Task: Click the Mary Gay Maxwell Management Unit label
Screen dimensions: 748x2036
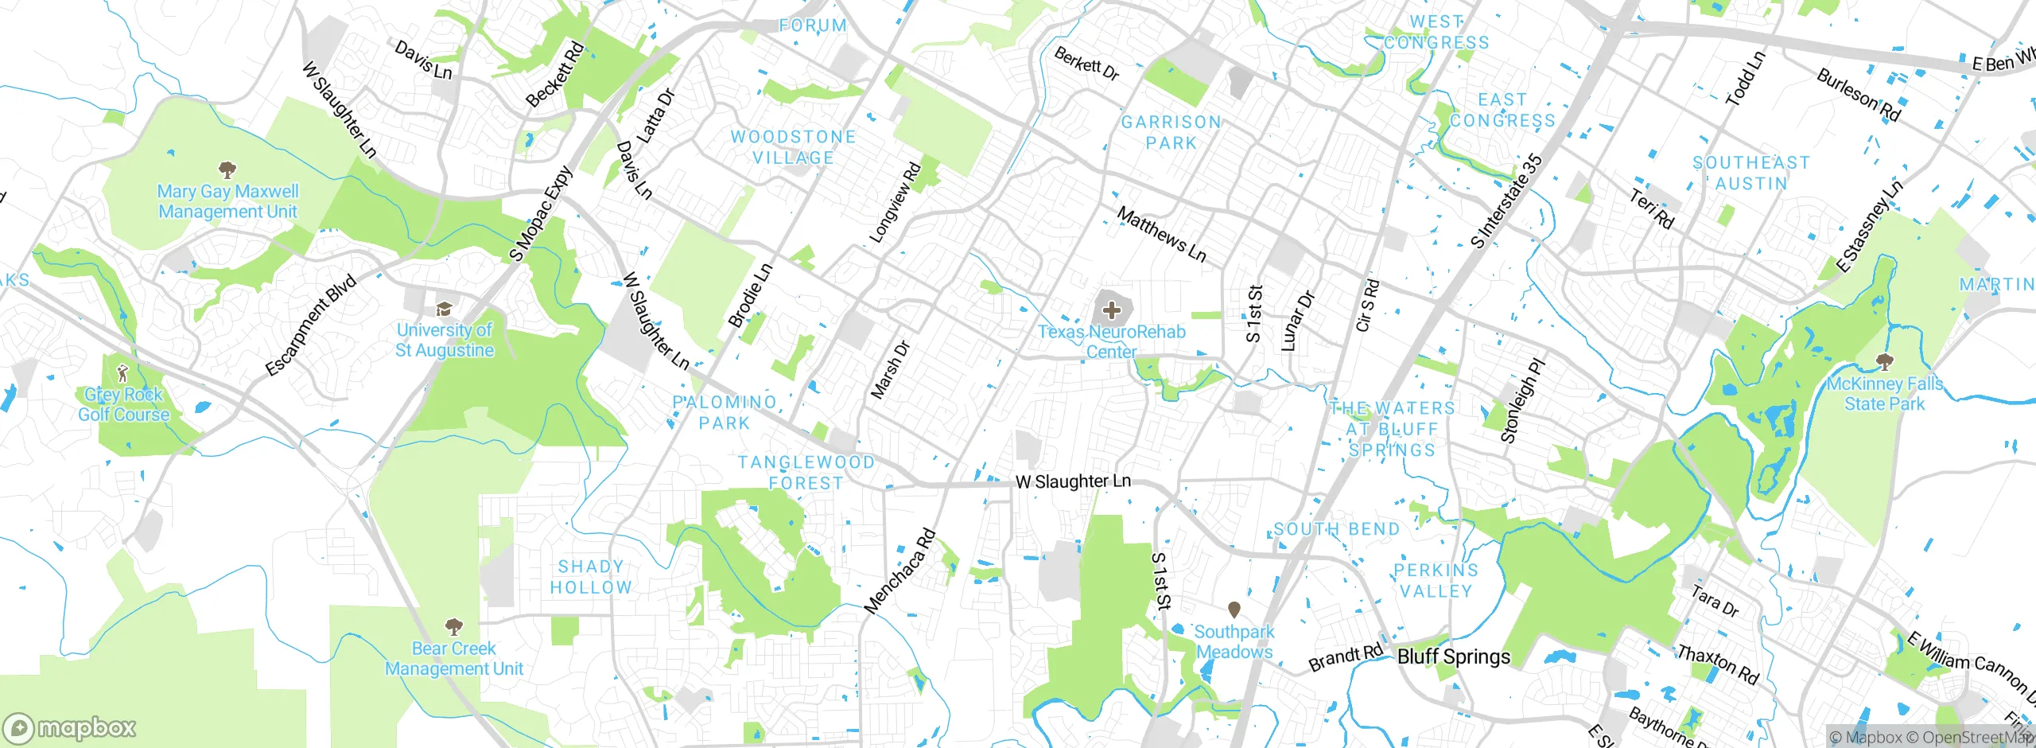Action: pyautogui.click(x=227, y=201)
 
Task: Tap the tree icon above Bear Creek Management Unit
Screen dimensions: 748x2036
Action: pyautogui.click(x=453, y=625)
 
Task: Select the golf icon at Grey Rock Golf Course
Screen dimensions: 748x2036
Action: pyautogui.click(x=122, y=372)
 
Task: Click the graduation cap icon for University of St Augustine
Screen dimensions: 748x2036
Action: pyautogui.click(x=444, y=309)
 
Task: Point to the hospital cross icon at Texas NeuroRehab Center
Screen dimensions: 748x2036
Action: pyautogui.click(x=1111, y=310)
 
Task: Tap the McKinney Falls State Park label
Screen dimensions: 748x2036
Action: pyautogui.click(x=1884, y=394)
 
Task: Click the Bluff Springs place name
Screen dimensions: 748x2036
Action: pyautogui.click(x=1453, y=656)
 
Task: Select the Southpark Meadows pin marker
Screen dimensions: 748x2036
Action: pyautogui.click(x=1234, y=610)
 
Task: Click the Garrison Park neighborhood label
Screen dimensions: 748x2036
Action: pyautogui.click(x=1171, y=133)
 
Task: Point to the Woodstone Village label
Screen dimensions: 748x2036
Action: pyautogui.click(x=793, y=147)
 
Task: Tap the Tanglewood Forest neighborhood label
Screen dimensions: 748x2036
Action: pyautogui.click(x=806, y=473)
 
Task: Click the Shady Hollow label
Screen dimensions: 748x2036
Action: pyautogui.click(x=590, y=577)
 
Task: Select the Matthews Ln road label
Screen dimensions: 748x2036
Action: pyautogui.click(x=1161, y=235)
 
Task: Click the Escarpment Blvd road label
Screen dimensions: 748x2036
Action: pyautogui.click(x=310, y=325)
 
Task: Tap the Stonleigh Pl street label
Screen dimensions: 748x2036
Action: pyautogui.click(x=1521, y=401)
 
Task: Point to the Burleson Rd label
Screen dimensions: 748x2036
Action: pyautogui.click(x=1858, y=95)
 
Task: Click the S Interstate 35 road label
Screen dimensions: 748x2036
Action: pyautogui.click(x=1506, y=201)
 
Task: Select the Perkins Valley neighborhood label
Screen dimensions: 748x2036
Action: pyautogui.click(x=1436, y=581)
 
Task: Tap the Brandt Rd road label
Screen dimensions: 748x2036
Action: pyautogui.click(x=1346, y=657)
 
